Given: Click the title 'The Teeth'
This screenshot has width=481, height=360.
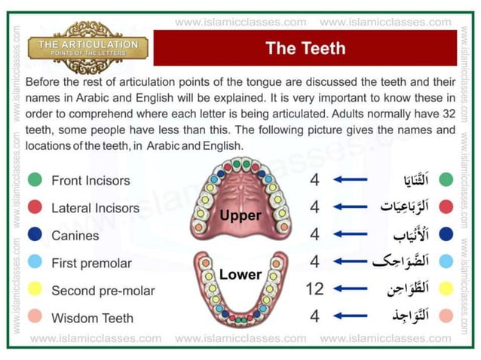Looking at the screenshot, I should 305,48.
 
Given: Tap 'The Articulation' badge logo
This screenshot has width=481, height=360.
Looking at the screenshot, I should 87,47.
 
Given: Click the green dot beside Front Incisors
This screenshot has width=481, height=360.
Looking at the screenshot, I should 35,180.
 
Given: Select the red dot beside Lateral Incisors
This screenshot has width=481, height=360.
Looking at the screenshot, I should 35,208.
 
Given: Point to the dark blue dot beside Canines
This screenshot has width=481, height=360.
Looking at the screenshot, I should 35,235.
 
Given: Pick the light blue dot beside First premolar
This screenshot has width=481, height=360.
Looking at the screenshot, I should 35,263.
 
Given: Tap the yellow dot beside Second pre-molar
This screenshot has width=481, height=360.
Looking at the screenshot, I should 35,290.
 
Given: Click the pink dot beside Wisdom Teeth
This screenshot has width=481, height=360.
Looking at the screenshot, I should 35,318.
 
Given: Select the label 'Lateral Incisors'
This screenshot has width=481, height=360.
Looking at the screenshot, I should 95,208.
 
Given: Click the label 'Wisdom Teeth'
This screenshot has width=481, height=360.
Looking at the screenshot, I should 92,318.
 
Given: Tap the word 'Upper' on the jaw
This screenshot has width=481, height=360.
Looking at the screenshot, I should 240,215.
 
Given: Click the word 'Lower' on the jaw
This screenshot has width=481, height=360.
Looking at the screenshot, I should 240,275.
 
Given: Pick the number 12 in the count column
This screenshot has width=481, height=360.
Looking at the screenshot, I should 314,289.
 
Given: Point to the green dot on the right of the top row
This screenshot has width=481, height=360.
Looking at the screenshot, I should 446,180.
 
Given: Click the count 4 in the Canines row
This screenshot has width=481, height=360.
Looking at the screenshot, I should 314,234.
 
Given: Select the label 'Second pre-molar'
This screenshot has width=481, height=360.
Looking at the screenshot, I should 103,290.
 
